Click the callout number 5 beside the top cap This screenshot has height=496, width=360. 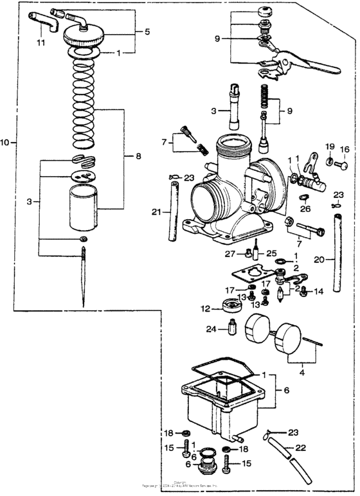point(147,31)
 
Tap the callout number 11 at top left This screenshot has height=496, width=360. point(41,43)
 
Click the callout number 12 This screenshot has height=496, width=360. point(205,309)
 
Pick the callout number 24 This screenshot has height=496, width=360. point(212,330)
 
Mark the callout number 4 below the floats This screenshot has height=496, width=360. point(302,371)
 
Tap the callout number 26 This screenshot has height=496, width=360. point(305,208)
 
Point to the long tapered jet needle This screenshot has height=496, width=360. point(84,276)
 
